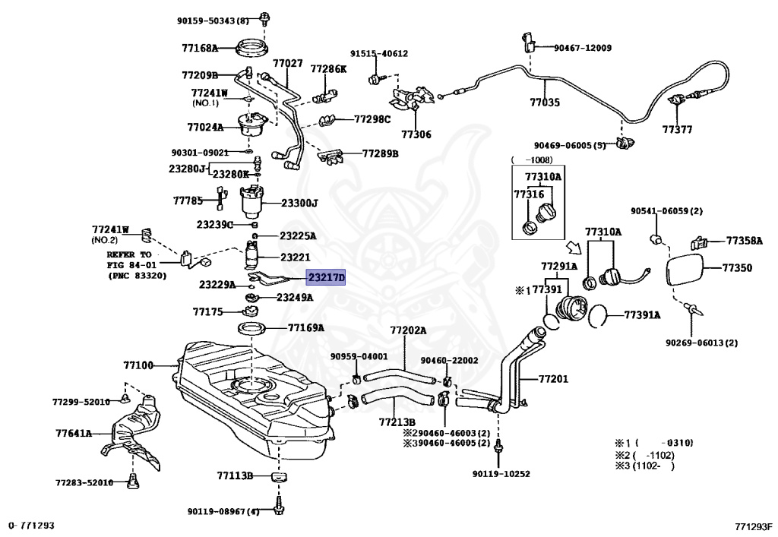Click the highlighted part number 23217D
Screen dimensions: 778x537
click(326, 278)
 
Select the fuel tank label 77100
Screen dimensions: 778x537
click(138, 366)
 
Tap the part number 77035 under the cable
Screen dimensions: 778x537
click(545, 103)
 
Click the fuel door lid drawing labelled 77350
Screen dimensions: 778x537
click(685, 269)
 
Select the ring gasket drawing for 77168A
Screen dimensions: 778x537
click(252, 49)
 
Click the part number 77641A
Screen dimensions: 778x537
click(74, 434)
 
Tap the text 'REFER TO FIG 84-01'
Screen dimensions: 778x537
click(129, 260)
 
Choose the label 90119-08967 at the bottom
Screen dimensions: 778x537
click(223, 511)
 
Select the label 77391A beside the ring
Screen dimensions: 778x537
click(642, 315)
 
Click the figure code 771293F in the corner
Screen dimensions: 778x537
click(754, 526)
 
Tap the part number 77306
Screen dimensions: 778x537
click(416, 134)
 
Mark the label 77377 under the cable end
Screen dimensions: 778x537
click(677, 129)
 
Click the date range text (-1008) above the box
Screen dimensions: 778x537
click(532, 160)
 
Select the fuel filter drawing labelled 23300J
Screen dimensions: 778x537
click(254, 202)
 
